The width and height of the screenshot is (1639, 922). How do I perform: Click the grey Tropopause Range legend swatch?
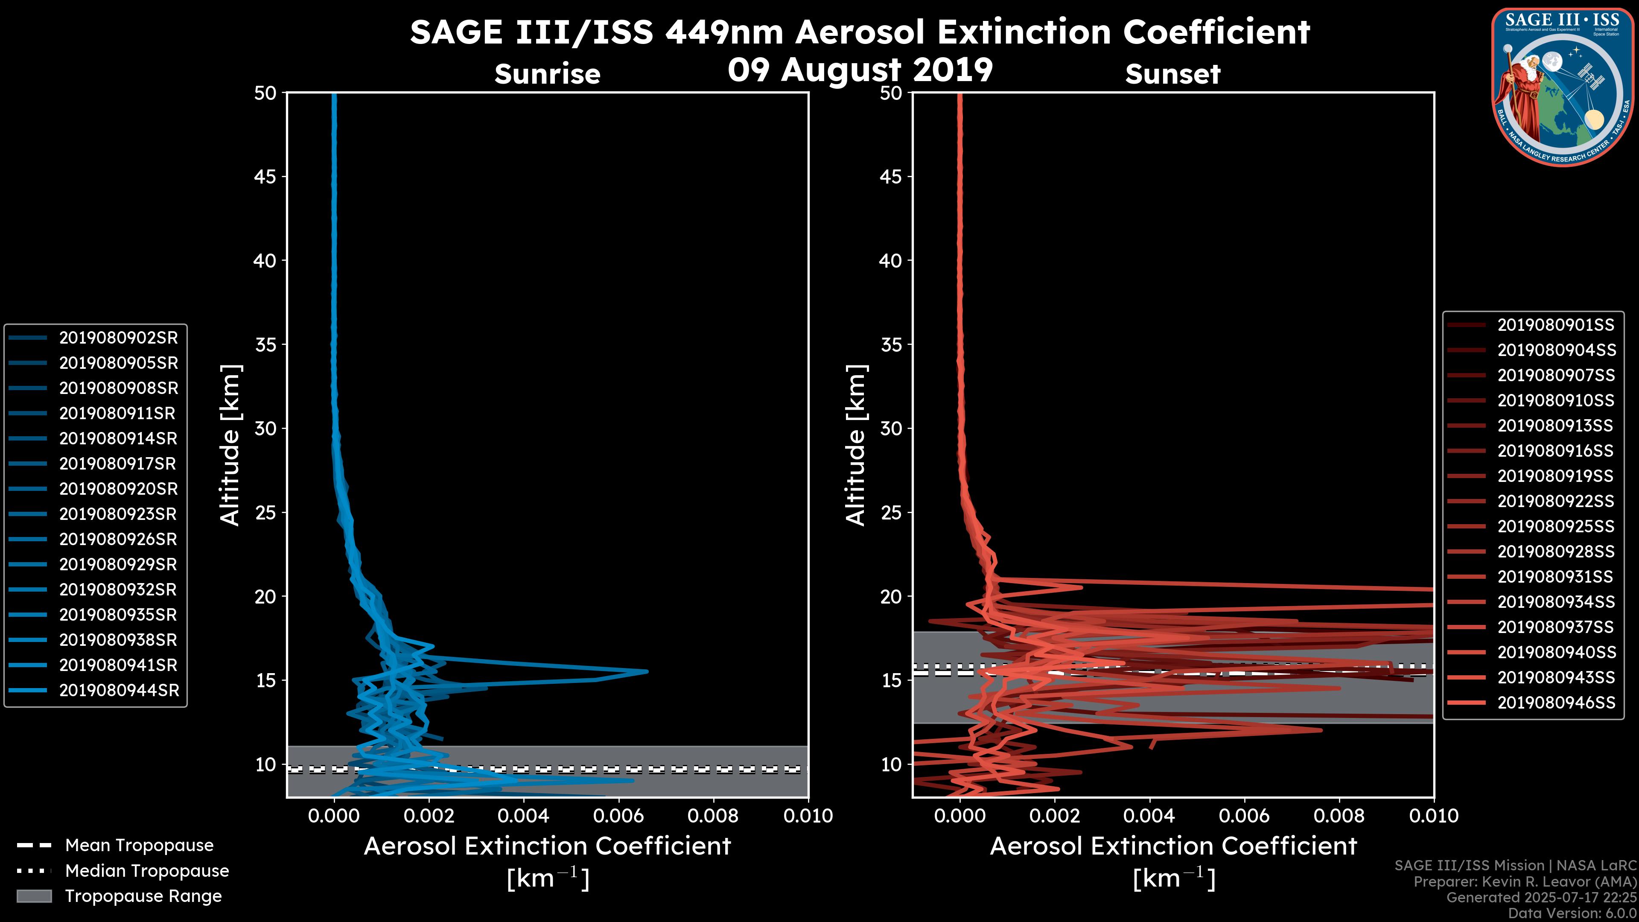click(34, 896)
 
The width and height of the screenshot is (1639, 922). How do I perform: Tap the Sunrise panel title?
click(547, 74)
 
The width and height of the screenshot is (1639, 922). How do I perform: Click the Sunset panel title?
click(1172, 74)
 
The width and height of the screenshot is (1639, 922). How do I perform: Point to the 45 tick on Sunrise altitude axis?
click(266, 177)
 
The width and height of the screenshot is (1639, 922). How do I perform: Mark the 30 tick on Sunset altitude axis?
click(891, 428)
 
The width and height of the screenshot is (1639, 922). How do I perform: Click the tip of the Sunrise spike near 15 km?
click(647, 671)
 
